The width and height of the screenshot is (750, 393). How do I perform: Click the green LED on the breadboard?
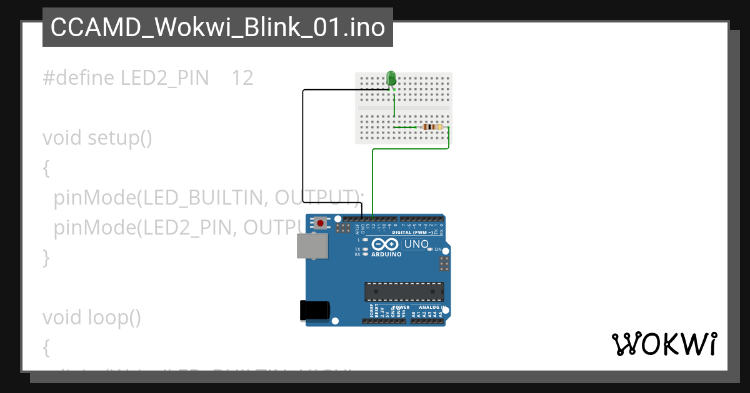[x=392, y=78]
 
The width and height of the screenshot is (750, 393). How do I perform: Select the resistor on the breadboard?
[x=431, y=127]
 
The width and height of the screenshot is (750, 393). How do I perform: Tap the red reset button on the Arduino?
[x=321, y=223]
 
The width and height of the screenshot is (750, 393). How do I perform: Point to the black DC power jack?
[x=314, y=310]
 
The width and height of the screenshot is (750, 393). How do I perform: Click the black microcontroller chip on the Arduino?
[x=404, y=291]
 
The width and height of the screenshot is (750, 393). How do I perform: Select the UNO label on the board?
[x=416, y=244]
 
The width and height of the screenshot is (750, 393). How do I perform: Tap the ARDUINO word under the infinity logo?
[x=386, y=255]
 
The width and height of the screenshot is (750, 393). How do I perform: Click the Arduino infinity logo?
[x=384, y=245]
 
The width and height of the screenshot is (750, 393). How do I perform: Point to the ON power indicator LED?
[x=430, y=249]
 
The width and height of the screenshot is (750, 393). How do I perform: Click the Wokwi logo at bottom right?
[x=664, y=344]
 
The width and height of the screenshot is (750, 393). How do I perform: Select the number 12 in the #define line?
[x=242, y=78]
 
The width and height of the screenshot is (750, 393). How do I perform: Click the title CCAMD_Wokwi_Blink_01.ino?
[x=217, y=27]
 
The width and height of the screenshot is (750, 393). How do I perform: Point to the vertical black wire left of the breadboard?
[x=303, y=147]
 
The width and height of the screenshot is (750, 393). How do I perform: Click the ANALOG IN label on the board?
[x=430, y=308]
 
